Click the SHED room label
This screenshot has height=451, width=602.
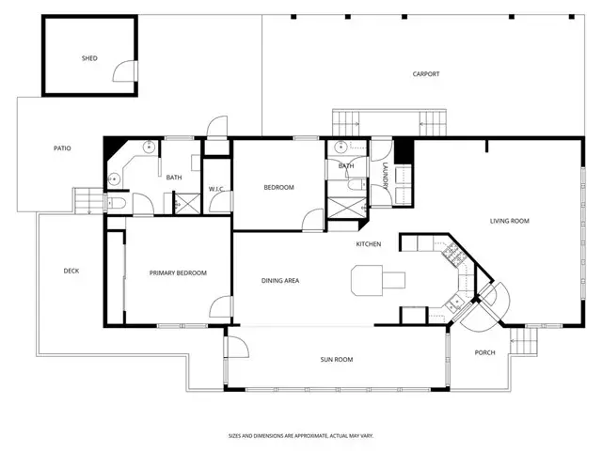coord(89,58)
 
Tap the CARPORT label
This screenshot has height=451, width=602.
coord(426,74)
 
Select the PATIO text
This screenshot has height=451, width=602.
coord(62,148)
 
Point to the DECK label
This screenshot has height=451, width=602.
coord(71,272)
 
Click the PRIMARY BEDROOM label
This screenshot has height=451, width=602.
coord(178,273)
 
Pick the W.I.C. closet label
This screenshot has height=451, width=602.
coord(216,189)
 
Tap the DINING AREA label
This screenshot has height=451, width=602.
coord(280,281)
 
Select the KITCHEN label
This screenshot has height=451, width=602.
coord(369,244)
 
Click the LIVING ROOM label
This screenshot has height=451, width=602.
coord(510,221)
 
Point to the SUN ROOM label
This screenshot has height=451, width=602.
coord(337,360)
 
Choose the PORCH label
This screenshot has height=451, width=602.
coord(485,353)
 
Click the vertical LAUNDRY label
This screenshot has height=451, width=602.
coord(386,176)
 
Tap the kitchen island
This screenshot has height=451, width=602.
coord(378,280)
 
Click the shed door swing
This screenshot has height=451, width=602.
coord(124,71)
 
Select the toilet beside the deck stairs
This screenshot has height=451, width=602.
coord(116,203)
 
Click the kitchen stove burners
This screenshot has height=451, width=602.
coord(453,255)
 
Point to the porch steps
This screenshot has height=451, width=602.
coord(524,340)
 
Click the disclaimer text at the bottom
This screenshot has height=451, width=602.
coord(301,436)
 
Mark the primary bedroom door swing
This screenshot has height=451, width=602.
coord(220,306)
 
